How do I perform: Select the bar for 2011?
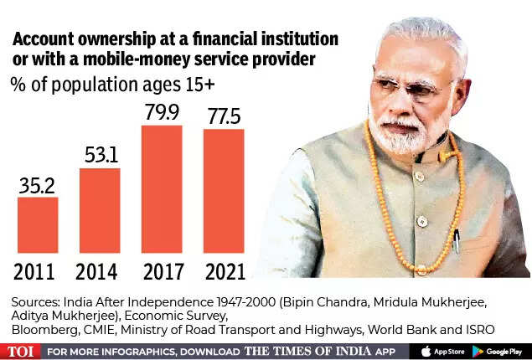pos(38,224)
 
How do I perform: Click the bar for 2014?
pos(100,210)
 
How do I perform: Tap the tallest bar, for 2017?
pos(162,188)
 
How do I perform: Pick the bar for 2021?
pos(224,190)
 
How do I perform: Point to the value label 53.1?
pos(100,155)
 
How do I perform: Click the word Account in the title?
pos(48,39)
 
